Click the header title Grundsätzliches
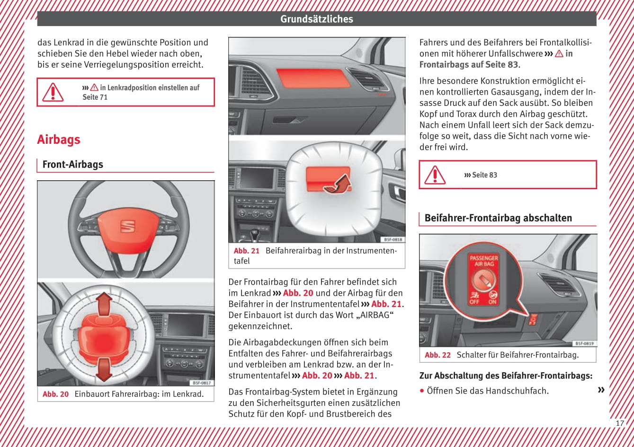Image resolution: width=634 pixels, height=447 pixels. (x=316, y=19)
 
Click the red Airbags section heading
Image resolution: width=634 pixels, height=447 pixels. (x=59, y=140)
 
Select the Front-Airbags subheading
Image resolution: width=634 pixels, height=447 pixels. (x=72, y=165)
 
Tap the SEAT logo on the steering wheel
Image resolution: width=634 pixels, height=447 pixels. (x=127, y=226)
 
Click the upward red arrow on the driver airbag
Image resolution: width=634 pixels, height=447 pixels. (x=104, y=303)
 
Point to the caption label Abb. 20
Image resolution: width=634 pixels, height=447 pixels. (x=55, y=394)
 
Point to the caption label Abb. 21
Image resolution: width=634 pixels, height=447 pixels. (x=247, y=251)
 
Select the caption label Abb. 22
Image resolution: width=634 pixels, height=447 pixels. (x=438, y=355)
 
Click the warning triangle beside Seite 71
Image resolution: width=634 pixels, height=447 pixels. (x=53, y=92)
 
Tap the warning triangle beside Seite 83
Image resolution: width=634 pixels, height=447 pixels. (x=435, y=175)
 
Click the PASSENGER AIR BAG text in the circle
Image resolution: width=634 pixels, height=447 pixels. (x=483, y=261)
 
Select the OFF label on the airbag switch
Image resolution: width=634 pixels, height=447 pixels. (x=474, y=302)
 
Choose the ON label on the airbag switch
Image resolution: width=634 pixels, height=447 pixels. (x=492, y=302)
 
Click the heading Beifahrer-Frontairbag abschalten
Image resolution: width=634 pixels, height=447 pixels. (x=498, y=218)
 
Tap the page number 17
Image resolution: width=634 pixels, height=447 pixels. (x=620, y=423)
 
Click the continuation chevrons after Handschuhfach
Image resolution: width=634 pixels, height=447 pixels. (x=601, y=390)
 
